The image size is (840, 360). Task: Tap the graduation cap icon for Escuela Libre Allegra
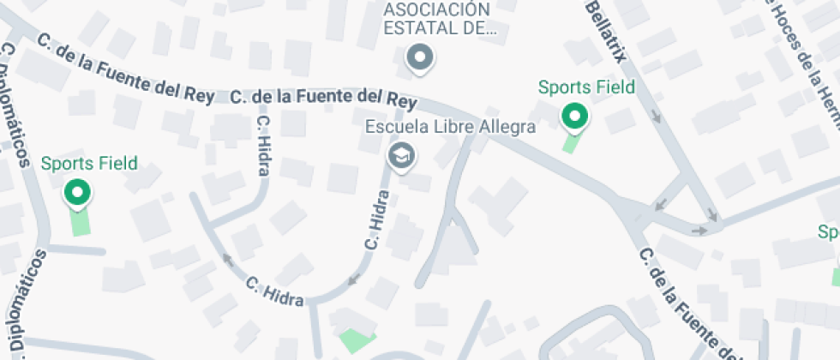pos(400,155)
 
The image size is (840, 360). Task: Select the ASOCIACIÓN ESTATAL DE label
pos(437,18)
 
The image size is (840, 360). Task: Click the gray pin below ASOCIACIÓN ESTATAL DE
pos(420,58)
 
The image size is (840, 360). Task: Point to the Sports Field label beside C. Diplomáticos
pos(89,163)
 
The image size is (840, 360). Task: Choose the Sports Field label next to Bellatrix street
pos(586,87)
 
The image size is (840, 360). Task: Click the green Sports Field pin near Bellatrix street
pos(573,116)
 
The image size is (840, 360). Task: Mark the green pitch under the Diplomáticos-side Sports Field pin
pos(80,222)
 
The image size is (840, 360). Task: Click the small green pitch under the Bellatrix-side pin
pos(570,142)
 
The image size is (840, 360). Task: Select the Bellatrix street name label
pos(607,29)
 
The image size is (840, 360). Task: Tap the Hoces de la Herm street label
pos(801,51)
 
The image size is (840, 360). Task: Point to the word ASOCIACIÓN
pos(437,9)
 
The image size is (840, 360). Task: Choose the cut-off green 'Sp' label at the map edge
pos(829,232)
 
